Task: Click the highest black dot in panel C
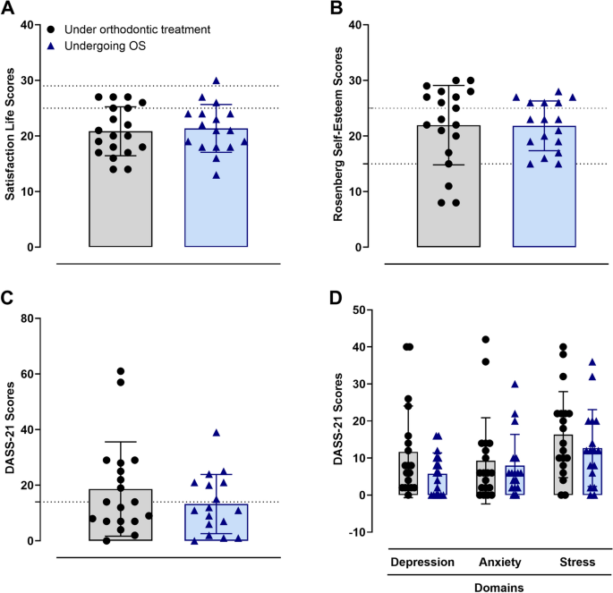coord(120,371)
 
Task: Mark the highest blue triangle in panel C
coord(216,432)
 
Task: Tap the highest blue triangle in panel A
coord(216,80)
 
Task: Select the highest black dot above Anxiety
coord(486,340)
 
